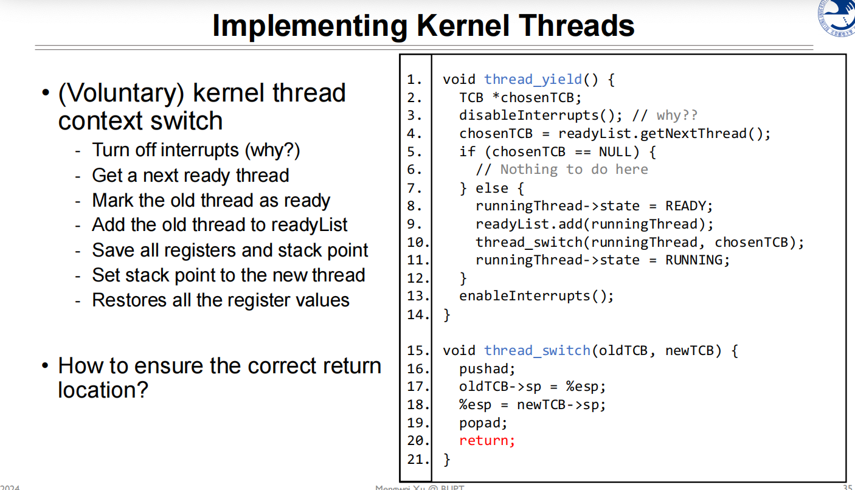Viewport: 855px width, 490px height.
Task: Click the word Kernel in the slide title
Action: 463,26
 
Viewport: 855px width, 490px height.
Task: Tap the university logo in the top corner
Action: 837,18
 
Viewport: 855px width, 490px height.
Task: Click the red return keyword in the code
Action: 487,441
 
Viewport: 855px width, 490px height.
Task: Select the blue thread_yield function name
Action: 533,80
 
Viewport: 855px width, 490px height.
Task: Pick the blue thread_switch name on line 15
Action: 537,351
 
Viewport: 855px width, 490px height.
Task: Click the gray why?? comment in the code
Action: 677,116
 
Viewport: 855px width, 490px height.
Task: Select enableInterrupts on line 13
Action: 524,296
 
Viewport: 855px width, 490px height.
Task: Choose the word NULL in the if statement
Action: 615,152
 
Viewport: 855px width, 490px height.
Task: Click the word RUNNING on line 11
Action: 694,260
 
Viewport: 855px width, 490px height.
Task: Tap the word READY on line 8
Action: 685,206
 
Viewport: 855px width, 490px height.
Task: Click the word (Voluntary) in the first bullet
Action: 122,94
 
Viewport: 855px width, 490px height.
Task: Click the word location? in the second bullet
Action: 103,390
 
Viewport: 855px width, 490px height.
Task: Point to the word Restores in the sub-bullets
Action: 130,300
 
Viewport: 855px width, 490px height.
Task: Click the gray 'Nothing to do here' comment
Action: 574,170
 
